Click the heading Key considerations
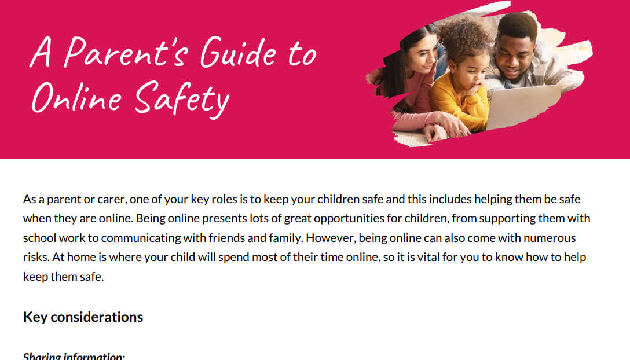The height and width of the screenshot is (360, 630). tap(83, 317)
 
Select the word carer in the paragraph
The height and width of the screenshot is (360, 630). tap(111, 200)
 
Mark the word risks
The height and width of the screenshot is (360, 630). tap(34, 257)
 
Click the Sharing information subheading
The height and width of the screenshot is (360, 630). tap(74, 355)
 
